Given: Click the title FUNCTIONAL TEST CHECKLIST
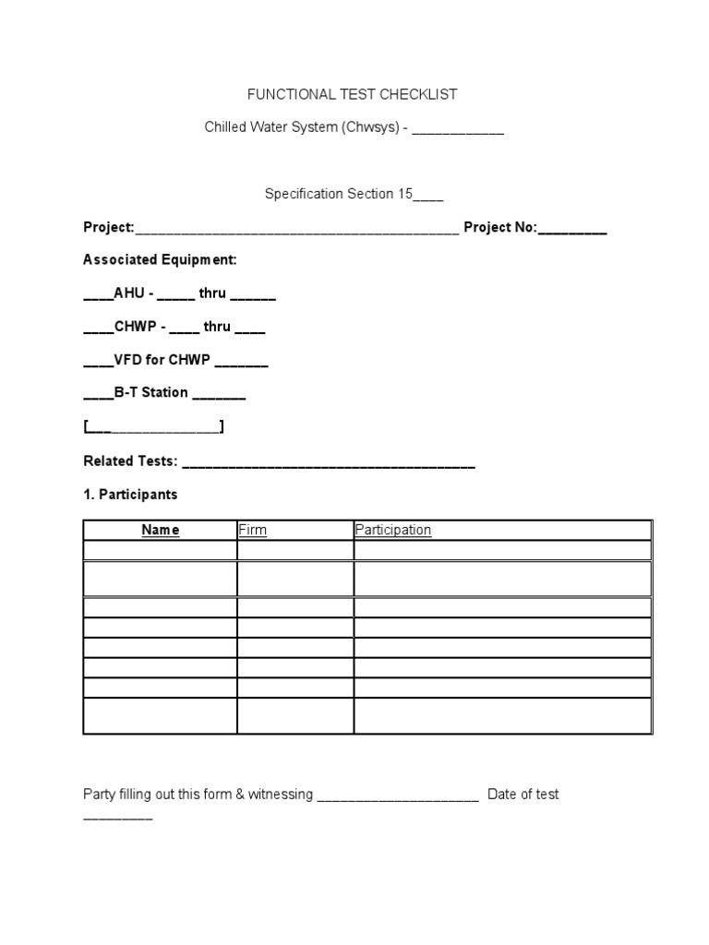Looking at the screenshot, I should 351,94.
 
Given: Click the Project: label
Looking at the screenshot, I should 109,227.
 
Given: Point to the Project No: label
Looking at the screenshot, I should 500,227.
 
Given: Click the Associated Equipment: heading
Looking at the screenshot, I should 160,260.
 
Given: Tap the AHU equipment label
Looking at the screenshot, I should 127,293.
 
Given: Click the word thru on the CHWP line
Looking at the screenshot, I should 217,327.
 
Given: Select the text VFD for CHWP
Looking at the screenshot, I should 162,360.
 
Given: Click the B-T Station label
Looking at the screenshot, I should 151,392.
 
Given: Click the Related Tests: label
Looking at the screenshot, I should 130,461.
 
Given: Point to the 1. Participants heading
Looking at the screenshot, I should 130,495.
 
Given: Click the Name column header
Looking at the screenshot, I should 160,530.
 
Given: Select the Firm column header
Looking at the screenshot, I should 252,530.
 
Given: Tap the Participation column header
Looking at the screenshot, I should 393,530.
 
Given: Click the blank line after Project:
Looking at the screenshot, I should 296,230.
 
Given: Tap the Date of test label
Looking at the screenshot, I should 523,794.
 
